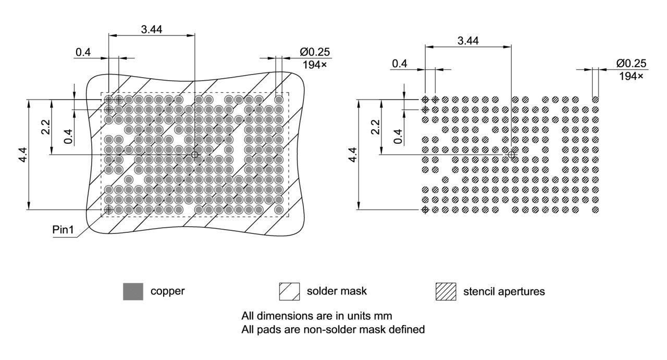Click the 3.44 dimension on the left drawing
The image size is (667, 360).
coord(151,29)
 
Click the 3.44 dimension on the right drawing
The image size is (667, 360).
coord(468,41)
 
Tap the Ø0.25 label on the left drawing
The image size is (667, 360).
coord(315,52)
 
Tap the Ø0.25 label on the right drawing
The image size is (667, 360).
coord(631,64)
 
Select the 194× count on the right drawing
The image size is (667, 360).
coord(631,76)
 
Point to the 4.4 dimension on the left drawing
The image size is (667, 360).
coord(23,155)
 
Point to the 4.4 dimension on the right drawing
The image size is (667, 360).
coord(352,155)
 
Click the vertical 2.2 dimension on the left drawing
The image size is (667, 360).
coord(46,127)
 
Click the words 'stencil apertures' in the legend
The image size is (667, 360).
coord(504,292)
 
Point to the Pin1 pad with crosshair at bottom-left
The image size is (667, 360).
coord(109,209)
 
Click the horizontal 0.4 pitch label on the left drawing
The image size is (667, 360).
coord(83,52)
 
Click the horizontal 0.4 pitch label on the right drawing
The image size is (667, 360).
coord(400,64)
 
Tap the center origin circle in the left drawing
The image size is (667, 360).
coord(195,155)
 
